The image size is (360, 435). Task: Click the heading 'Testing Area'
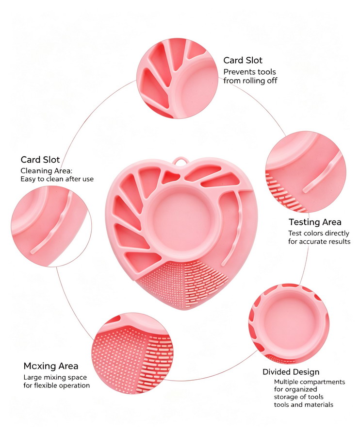[x=315, y=222]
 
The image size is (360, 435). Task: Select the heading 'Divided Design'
[x=291, y=372]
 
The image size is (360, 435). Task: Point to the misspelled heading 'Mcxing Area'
[x=51, y=366]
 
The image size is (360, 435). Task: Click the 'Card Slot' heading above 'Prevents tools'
[x=243, y=60]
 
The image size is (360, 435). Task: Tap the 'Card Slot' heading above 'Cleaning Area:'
[x=40, y=160]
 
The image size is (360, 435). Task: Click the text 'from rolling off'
[x=250, y=81]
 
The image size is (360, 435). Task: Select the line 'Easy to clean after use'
[x=57, y=179]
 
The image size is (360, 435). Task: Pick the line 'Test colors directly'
[x=319, y=233]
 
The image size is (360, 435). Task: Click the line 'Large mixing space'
[x=55, y=377]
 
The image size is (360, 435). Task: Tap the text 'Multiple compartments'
[x=310, y=382]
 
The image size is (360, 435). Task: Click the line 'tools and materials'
[x=304, y=404]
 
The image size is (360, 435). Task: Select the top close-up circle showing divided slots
[x=178, y=79]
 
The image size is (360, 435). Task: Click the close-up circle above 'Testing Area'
[x=306, y=172]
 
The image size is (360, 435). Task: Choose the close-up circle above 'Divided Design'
[x=289, y=323]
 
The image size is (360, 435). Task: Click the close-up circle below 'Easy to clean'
[x=51, y=226]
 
